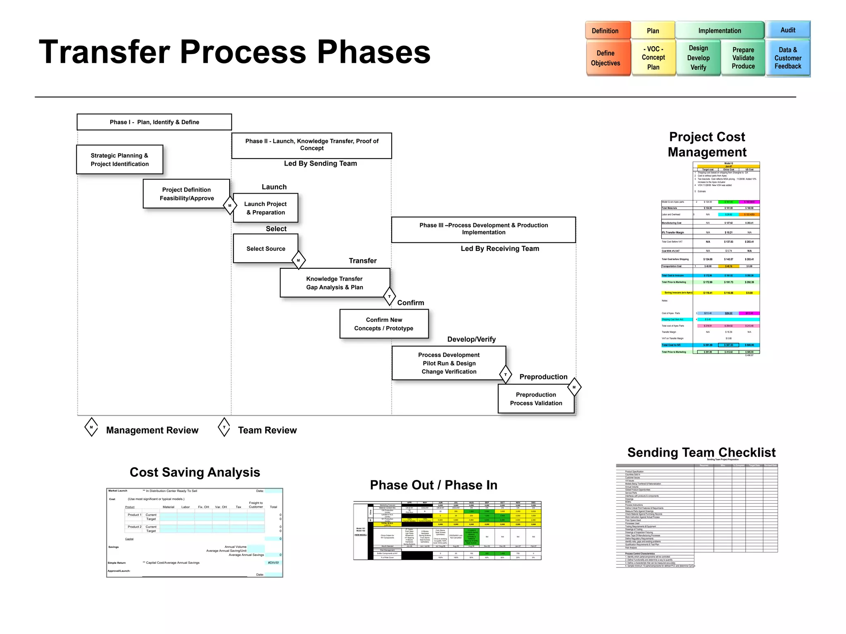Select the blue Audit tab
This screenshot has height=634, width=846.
point(788,30)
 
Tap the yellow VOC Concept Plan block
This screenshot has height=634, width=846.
point(653,58)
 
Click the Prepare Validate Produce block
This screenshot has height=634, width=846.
point(743,58)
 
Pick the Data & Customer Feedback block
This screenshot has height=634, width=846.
point(788,58)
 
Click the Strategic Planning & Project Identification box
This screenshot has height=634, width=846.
point(120,160)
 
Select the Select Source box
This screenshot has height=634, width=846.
point(266,248)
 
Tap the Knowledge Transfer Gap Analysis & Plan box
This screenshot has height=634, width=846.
point(335,283)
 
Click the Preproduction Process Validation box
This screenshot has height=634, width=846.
point(536,399)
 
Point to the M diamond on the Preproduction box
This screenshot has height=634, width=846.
point(574,387)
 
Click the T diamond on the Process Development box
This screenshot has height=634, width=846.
point(505,375)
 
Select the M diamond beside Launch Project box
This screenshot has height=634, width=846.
point(230,206)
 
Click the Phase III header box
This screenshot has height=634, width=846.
point(483,229)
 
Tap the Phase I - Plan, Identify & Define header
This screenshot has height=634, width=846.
point(154,122)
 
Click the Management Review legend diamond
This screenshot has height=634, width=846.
point(91,427)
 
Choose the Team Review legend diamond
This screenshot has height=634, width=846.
point(224,427)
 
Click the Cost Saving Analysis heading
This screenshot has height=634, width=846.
point(195,472)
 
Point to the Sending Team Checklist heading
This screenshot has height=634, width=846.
point(701,452)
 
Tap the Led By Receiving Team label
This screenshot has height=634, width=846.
point(500,248)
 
